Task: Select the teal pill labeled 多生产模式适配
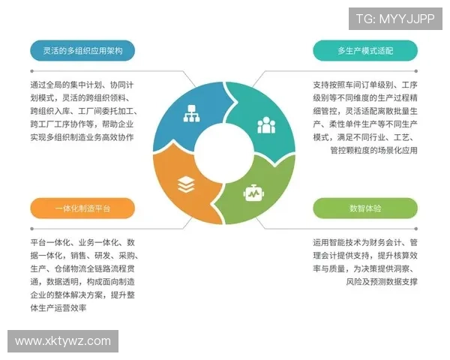365,51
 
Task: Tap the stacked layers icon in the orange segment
186,184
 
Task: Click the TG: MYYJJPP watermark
395,19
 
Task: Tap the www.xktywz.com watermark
63,341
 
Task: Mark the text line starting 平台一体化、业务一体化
82,243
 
